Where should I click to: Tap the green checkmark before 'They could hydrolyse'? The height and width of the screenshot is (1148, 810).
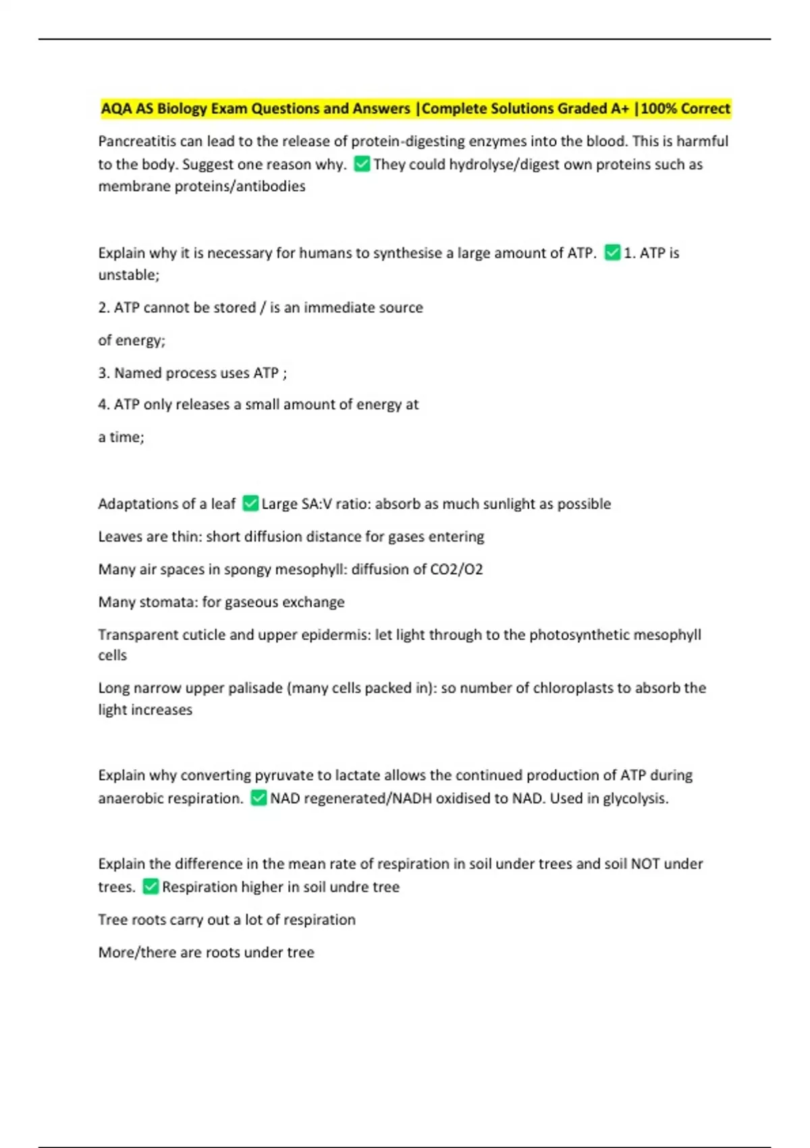(362, 164)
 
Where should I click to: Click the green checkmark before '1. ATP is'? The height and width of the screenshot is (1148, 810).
(612, 253)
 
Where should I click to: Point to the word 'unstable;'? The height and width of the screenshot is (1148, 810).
(129, 275)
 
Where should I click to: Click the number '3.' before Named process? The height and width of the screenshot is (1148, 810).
(104, 373)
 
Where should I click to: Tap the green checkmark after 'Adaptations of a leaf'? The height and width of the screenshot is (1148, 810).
(250, 504)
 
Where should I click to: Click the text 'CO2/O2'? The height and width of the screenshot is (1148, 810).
(457, 569)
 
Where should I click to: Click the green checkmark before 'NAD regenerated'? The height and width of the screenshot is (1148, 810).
(259, 798)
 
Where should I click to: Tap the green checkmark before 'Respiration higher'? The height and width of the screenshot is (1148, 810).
(151, 887)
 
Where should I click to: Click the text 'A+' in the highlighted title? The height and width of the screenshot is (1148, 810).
(619, 109)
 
